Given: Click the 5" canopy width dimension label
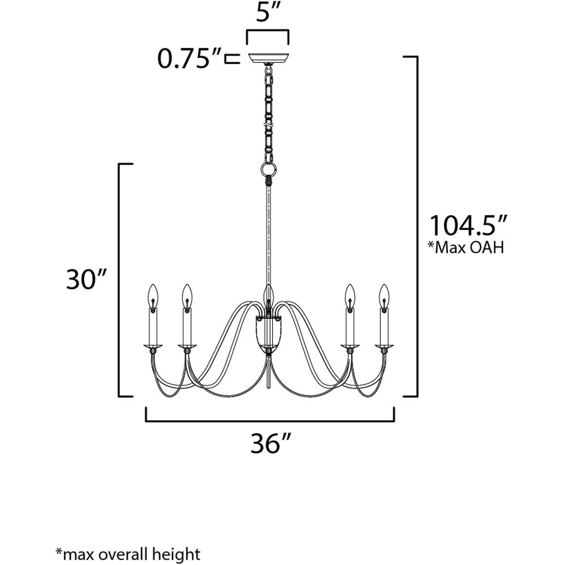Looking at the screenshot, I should [268, 14].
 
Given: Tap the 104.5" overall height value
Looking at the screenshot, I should [469, 226].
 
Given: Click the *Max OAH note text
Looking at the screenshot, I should [465, 248].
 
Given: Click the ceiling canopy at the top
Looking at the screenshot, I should [268, 58].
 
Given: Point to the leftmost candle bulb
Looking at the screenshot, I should [153, 294].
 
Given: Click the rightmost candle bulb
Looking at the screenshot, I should [384, 294].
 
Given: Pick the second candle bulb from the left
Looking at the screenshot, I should [187, 294].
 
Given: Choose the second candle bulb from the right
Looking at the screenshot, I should [350, 294].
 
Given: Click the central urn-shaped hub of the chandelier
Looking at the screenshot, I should [268, 331].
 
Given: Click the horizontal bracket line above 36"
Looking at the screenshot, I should [270, 420].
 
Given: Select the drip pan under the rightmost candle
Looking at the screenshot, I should [384, 347].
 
